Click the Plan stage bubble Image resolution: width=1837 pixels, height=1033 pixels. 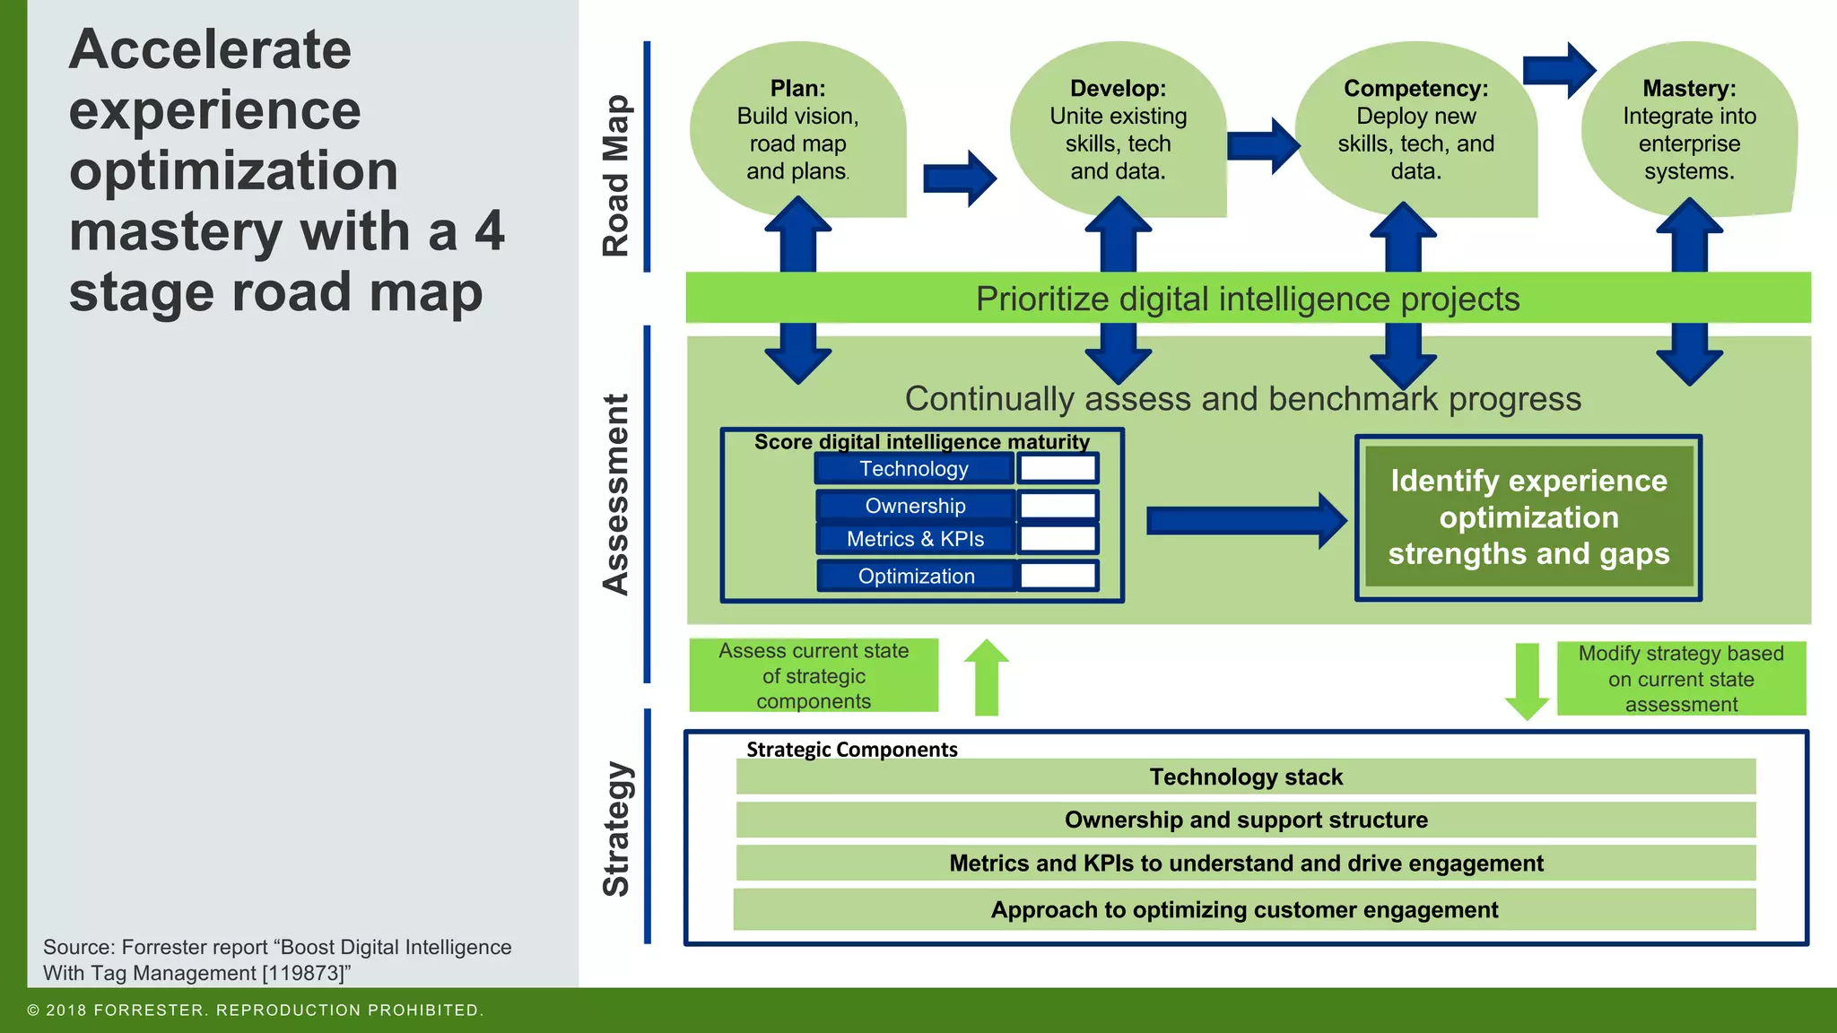pos(797,131)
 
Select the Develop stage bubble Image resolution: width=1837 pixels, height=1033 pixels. pos(1118,131)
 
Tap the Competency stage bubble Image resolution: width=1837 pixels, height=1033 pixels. pos(1415,131)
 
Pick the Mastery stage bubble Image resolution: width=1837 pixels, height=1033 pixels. pos(1689,131)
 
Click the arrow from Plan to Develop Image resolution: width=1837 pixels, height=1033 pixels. pos(959,178)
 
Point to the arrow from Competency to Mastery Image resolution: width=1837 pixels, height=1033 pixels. pos(1559,69)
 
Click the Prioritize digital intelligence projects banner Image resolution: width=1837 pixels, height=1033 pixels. pos(1247,299)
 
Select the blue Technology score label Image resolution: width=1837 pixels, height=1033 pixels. pos(914,469)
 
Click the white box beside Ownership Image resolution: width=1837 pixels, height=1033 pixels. pos(1058,506)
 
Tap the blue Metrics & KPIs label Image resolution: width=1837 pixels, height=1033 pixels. pos(915,539)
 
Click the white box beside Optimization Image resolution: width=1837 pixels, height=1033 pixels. pos(1058,576)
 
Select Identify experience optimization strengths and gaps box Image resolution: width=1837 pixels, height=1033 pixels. pos(1528,517)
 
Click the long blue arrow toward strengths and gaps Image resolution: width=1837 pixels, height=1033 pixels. pos(1245,520)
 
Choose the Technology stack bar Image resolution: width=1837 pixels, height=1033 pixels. pos(1245,777)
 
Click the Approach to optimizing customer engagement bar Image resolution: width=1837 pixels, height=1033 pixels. pos(1244,909)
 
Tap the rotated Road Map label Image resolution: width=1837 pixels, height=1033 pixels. pos(616,176)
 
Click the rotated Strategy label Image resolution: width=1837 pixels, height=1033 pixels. pos(616,829)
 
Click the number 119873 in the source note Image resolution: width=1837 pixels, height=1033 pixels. pos(305,973)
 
